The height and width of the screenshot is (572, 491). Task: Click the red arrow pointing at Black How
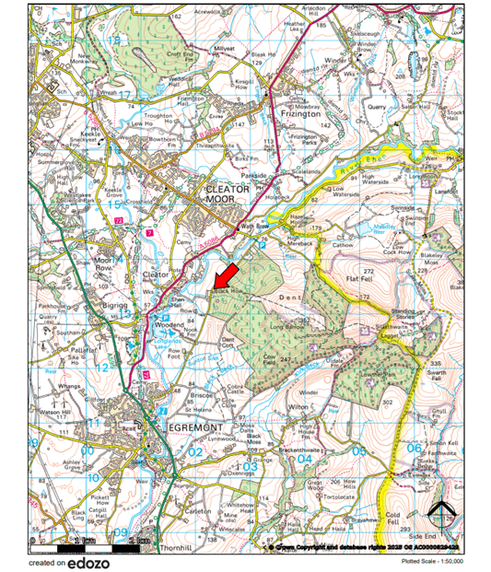pos(227,275)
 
